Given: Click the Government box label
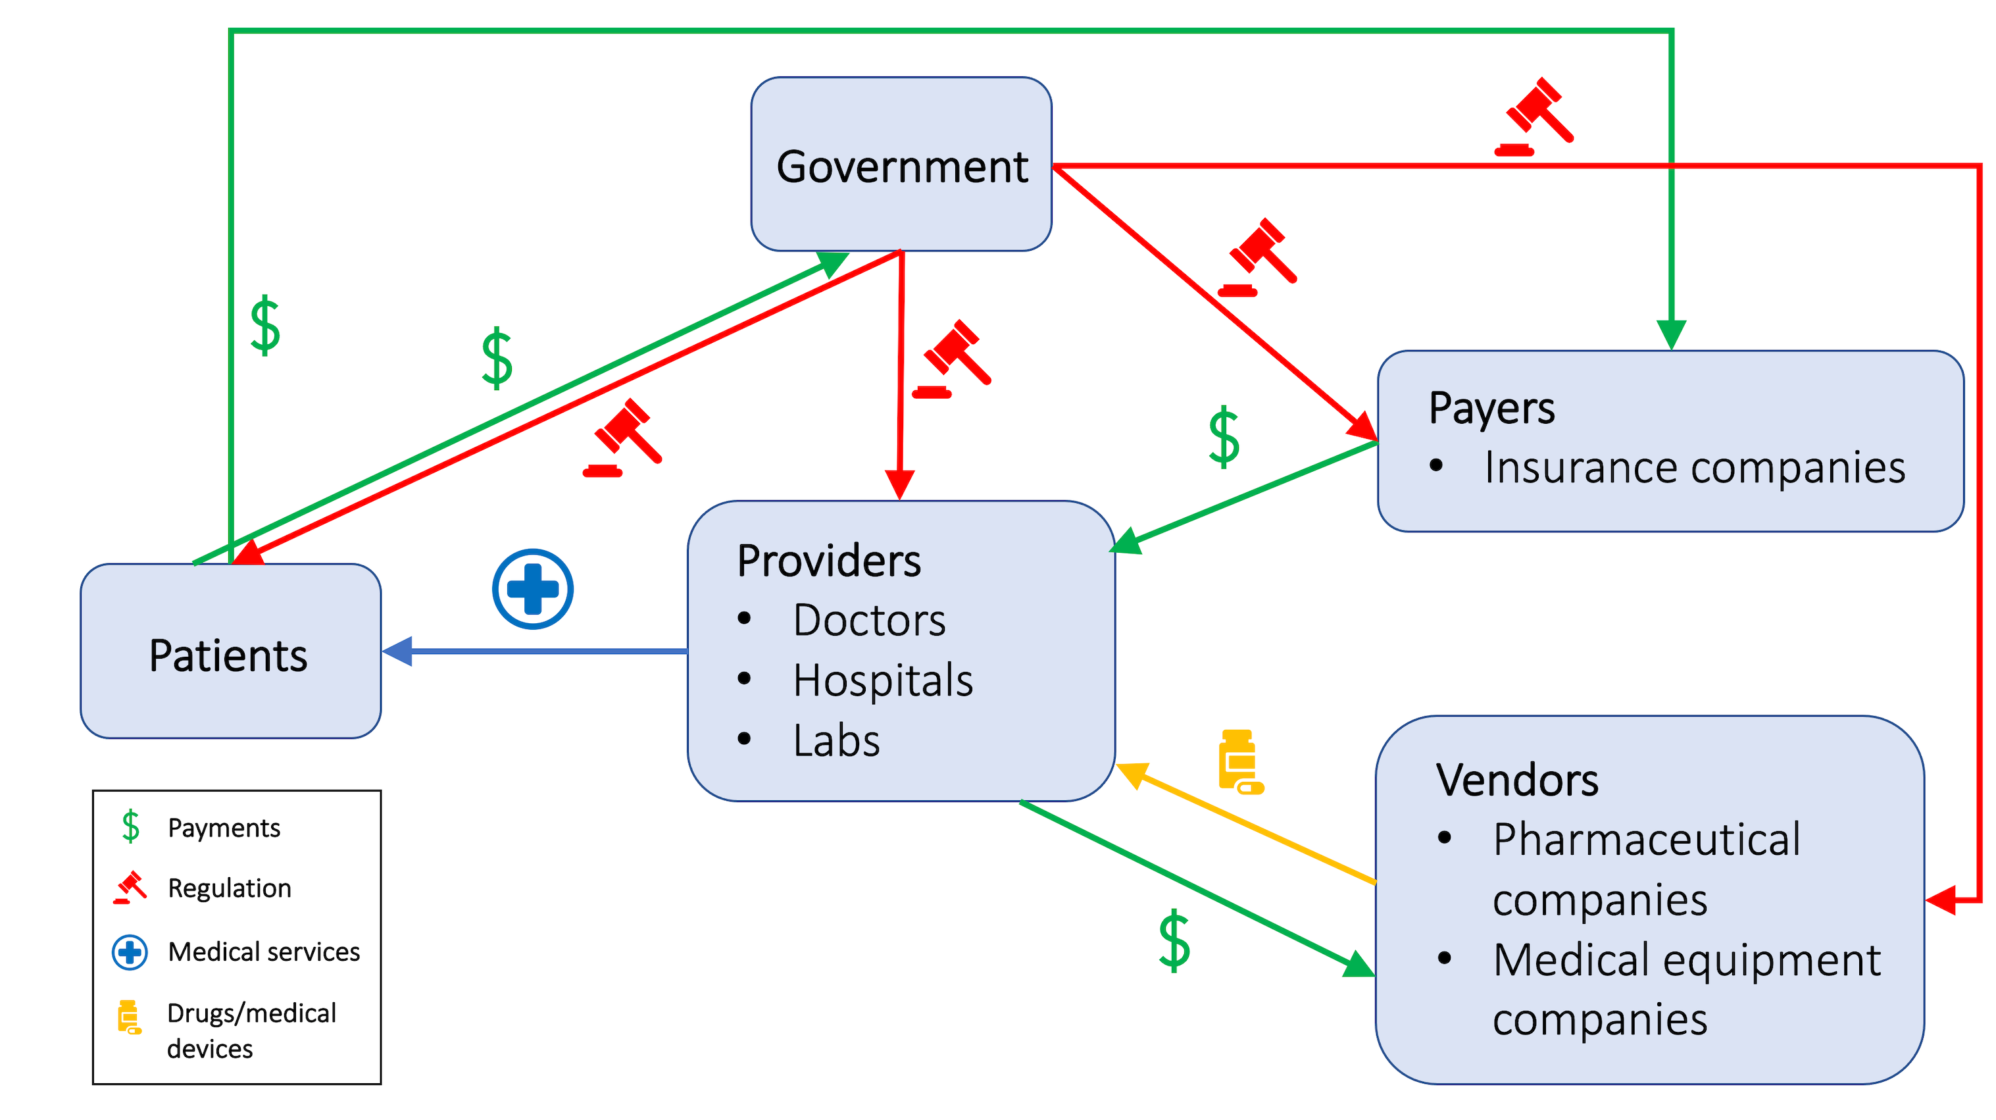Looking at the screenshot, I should coord(902,166).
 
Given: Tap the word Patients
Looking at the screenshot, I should coord(228,655).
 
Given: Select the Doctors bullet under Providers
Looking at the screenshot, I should coord(868,620).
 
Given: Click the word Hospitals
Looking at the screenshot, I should coord(883,680).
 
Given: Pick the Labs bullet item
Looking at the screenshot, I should coord(836,741).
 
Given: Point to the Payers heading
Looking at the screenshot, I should coord(1491,408).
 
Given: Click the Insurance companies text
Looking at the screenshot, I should coord(1694,467).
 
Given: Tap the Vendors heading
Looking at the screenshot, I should coord(1516,780).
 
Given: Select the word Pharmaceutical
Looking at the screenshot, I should coord(1646,840).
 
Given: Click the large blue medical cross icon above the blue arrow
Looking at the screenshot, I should coord(532,589).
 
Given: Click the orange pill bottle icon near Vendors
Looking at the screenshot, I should coord(1239,761).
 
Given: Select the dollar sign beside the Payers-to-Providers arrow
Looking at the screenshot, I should coord(1224,436).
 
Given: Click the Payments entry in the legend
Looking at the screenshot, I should coord(223,828).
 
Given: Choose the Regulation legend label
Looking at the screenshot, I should coord(230,888).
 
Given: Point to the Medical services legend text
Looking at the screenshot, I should coord(263,952).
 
